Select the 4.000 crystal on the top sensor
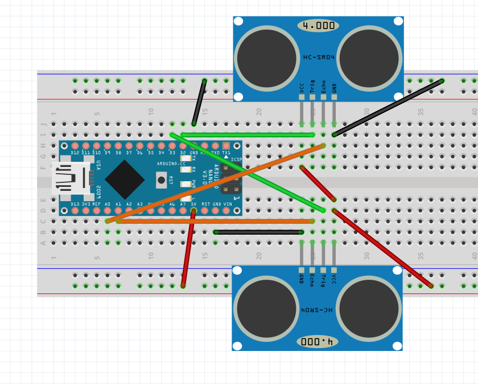318,26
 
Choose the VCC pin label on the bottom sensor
334,279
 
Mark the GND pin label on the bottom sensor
301,279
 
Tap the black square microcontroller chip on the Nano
125,179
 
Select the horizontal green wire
248,135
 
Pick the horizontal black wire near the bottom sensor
258,232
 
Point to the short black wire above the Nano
199,103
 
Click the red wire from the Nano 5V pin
188,248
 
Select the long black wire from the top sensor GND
387,108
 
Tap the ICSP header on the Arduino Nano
232,182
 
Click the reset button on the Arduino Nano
162,180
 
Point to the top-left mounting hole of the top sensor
238,22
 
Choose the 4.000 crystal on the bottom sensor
317,341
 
